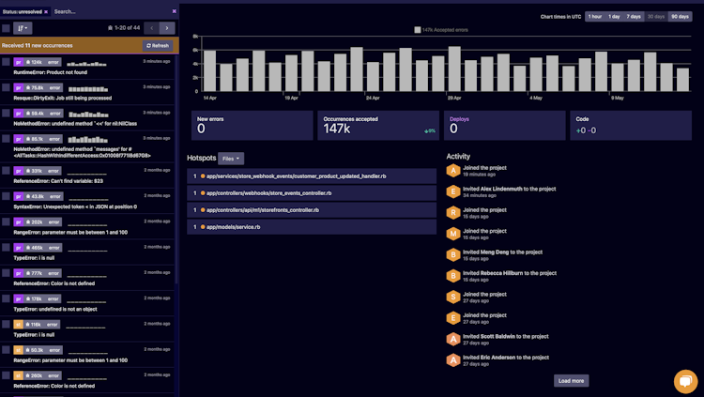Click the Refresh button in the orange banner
pos(158,45)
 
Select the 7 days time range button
pos(634,17)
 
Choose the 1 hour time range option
pos(595,17)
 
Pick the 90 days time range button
pos(679,17)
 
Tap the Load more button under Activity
pos(571,380)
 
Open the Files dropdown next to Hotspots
pos(231,159)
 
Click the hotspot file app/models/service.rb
pos(233,226)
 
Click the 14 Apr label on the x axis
pos(210,98)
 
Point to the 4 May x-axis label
pos(535,98)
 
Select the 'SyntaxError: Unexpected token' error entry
pos(75,206)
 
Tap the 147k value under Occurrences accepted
pos(336,130)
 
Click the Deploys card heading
pos(459,119)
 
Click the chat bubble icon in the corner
pos(686,380)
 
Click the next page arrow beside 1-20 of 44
pos(166,28)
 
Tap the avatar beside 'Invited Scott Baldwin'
pos(453,338)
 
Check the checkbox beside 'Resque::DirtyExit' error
pos(6,87)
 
